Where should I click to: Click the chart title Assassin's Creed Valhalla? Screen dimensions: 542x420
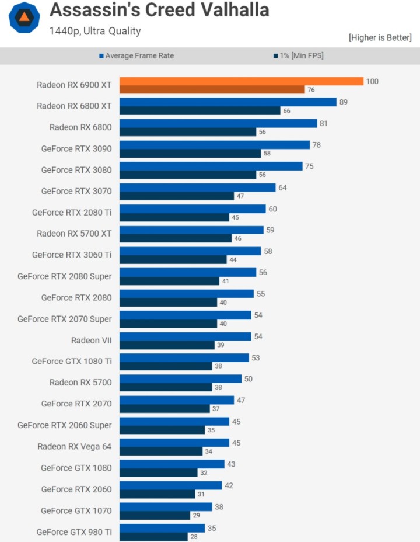tap(159, 11)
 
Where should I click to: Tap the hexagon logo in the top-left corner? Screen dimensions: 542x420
tap(25, 18)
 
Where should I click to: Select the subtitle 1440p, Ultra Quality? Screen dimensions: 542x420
tap(95, 31)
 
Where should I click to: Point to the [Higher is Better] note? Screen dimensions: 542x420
tap(380, 37)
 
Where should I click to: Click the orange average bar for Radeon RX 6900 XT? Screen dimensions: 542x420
tap(242, 81)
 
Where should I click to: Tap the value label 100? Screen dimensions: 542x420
tap(372, 81)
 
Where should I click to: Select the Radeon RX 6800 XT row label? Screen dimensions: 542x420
tap(74, 106)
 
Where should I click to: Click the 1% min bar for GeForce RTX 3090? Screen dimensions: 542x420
tap(190, 153)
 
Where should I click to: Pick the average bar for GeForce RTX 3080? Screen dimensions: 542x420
tap(211, 166)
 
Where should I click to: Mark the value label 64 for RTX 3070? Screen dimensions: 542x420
tap(283, 187)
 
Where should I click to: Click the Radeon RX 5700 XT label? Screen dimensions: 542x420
tap(74, 233)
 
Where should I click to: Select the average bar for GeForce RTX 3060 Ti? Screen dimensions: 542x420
tap(190, 251)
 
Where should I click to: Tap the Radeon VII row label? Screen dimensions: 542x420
tap(91, 340)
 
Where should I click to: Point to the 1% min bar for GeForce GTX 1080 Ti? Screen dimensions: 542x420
tap(166, 366)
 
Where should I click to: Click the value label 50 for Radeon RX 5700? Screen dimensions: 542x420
tap(249, 379)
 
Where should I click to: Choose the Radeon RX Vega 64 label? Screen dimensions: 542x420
tap(74, 446)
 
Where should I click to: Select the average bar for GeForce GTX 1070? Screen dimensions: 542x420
tap(166, 506)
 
